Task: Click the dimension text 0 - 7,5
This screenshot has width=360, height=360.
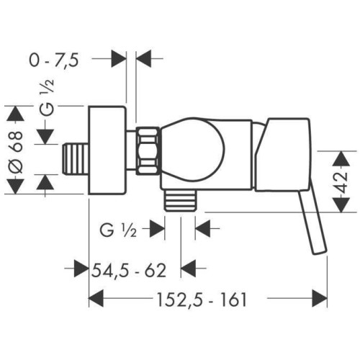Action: click(x=54, y=60)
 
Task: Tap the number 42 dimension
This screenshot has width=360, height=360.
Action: click(x=341, y=181)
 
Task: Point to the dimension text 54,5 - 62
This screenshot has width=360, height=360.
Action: click(x=129, y=271)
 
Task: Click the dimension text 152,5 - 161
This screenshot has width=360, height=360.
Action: click(x=202, y=300)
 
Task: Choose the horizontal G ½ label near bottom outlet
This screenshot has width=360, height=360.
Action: click(x=118, y=231)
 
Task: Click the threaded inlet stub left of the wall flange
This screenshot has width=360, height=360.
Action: click(x=76, y=158)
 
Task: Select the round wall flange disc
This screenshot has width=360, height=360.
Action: click(x=107, y=150)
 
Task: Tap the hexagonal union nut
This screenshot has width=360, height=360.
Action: click(x=148, y=150)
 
